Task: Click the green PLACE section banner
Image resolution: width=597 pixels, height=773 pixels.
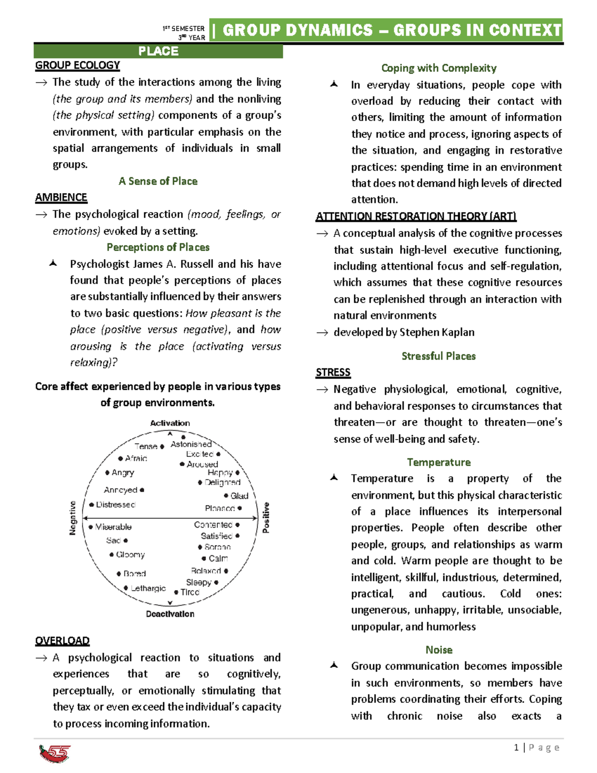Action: click(158, 51)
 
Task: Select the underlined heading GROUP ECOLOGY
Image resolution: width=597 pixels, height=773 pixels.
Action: click(78, 65)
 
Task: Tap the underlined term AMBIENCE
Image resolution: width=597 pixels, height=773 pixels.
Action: click(61, 198)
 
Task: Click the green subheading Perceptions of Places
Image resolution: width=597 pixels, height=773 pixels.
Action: click(158, 247)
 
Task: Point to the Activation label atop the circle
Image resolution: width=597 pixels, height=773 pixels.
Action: click(170, 423)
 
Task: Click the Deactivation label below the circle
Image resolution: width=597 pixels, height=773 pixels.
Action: click(170, 614)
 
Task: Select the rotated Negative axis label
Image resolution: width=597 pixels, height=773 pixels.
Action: click(73, 518)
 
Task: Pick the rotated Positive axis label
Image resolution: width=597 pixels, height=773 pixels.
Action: click(266, 518)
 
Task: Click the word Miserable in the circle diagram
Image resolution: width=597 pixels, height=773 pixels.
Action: click(113, 527)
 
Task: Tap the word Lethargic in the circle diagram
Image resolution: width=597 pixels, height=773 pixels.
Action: click(148, 588)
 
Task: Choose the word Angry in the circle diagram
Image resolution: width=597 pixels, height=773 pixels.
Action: click(122, 472)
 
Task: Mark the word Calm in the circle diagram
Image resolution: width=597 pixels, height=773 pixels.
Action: click(218, 558)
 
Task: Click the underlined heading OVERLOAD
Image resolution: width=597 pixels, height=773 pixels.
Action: click(62, 641)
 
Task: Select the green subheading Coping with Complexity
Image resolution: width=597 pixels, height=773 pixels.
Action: click(439, 68)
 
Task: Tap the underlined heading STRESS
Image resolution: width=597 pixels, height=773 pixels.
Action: click(333, 372)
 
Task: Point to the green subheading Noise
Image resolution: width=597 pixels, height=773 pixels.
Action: click(439, 650)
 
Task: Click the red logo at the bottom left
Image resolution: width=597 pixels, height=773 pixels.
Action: click(55, 753)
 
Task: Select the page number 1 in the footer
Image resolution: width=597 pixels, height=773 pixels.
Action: click(516, 747)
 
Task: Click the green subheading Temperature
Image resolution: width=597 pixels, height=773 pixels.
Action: click(439, 462)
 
